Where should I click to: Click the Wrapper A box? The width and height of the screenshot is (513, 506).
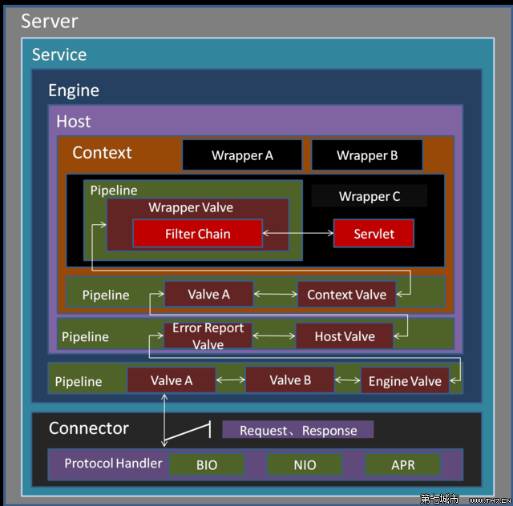[242, 155]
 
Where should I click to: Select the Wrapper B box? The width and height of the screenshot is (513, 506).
[367, 155]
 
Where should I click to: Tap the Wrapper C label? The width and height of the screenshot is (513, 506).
[370, 196]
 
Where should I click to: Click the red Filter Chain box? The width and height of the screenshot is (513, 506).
[197, 234]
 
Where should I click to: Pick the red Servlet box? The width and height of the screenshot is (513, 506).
[374, 234]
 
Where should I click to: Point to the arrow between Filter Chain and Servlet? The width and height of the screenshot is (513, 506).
[297, 234]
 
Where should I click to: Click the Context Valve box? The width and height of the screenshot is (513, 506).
[346, 295]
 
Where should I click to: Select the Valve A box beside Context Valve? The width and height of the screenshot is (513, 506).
[208, 295]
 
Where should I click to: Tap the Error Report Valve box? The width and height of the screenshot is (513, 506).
[208, 336]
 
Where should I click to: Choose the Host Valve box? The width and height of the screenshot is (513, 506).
[345, 336]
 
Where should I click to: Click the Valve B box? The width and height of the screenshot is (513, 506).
[290, 380]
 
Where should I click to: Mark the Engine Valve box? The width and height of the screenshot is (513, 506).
[405, 381]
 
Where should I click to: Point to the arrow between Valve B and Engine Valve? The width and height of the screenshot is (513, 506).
[347, 380]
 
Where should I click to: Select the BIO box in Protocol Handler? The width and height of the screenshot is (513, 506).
[206, 465]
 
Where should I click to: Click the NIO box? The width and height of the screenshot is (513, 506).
[305, 465]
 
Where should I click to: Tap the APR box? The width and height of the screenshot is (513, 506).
[402, 465]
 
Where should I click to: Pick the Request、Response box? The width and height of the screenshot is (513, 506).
[298, 430]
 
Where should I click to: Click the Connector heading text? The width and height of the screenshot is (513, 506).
[88, 428]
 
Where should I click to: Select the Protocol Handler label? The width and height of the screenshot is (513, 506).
[113, 464]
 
